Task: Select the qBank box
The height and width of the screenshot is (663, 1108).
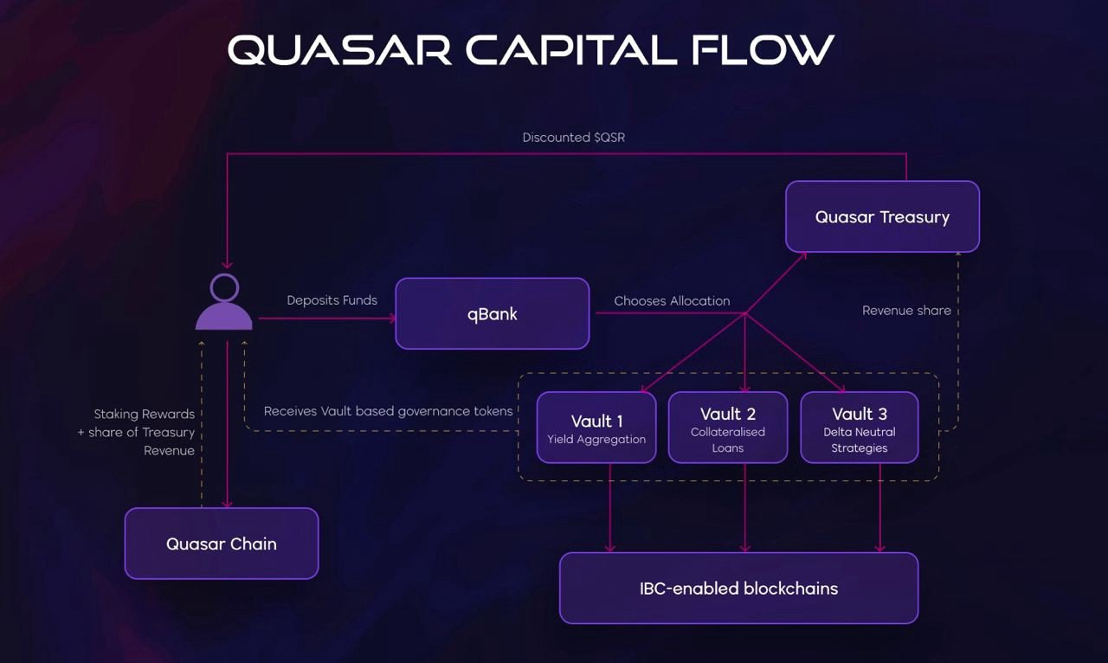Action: (x=492, y=313)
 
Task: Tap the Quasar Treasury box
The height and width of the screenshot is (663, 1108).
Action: (x=882, y=216)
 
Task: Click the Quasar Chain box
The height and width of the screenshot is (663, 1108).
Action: (x=222, y=544)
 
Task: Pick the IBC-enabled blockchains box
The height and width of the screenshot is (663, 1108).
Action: (x=738, y=589)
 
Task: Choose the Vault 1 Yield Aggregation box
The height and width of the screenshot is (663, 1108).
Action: (x=596, y=428)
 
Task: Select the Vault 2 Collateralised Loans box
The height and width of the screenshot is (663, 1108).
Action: (x=728, y=428)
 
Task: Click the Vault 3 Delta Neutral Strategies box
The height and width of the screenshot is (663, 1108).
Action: (x=860, y=428)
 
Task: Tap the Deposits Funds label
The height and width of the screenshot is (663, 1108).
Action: (x=332, y=300)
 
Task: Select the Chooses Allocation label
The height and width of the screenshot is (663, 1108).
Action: (x=672, y=301)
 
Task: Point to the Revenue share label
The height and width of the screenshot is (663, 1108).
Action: (x=906, y=310)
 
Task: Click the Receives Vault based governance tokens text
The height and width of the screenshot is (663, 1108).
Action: (x=389, y=411)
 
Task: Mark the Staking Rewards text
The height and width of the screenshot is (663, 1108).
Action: (x=144, y=415)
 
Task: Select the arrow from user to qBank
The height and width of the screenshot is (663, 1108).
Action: (x=325, y=319)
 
